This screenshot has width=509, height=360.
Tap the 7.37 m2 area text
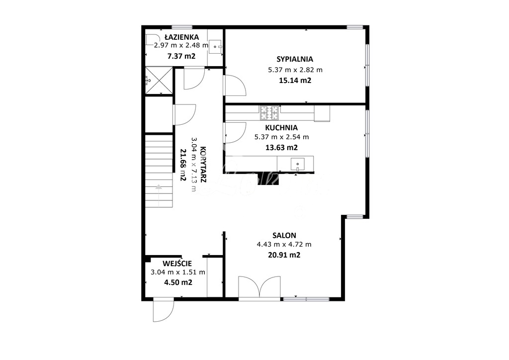(181, 56)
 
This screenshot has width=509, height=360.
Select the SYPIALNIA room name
(295, 59)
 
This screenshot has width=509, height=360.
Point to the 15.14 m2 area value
(295, 81)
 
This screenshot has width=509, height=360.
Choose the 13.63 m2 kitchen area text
(281, 148)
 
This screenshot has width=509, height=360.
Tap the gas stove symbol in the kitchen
(269, 113)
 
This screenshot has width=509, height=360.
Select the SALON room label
(284, 235)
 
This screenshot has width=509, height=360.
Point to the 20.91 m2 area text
(284, 255)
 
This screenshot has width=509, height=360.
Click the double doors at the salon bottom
(259, 287)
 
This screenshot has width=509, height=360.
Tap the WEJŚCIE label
(177, 263)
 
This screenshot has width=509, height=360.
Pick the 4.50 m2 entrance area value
(178, 282)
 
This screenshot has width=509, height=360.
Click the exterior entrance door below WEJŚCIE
(163, 309)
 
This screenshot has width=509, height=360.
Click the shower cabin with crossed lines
(159, 81)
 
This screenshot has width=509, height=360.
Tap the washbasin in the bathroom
(215, 46)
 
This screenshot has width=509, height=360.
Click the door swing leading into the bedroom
(235, 85)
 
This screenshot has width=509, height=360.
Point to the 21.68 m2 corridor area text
(183, 165)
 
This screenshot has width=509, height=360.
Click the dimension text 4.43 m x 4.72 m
(284, 245)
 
